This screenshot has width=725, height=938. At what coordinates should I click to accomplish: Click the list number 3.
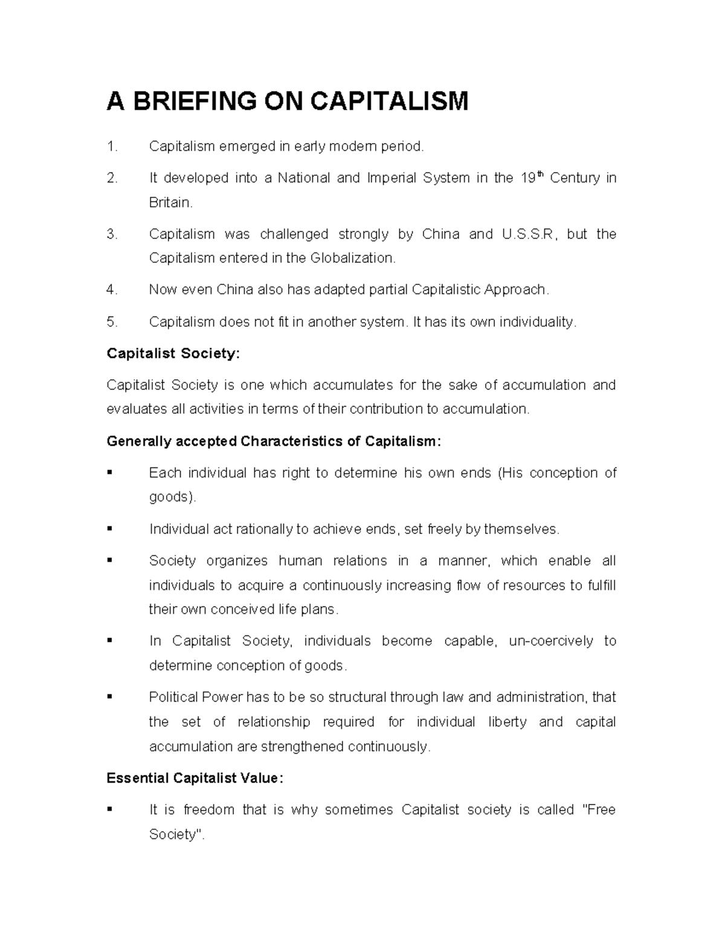pyautogui.click(x=111, y=234)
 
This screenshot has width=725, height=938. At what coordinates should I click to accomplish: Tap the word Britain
pyautogui.click(x=170, y=203)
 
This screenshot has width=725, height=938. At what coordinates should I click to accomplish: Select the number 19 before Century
pyautogui.click(x=527, y=179)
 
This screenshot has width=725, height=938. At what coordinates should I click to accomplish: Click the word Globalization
pyautogui.click(x=352, y=259)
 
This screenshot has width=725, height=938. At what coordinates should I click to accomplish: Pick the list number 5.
pyautogui.click(x=111, y=322)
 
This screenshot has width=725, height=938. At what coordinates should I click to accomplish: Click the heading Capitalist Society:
pyautogui.click(x=173, y=353)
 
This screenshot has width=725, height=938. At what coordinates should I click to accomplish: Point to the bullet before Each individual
pyautogui.click(x=110, y=473)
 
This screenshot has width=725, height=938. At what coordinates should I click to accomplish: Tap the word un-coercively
pyautogui.click(x=551, y=641)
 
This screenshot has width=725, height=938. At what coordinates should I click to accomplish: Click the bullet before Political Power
pyautogui.click(x=110, y=698)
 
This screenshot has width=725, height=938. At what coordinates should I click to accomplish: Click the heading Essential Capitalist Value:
pyautogui.click(x=194, y=779)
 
